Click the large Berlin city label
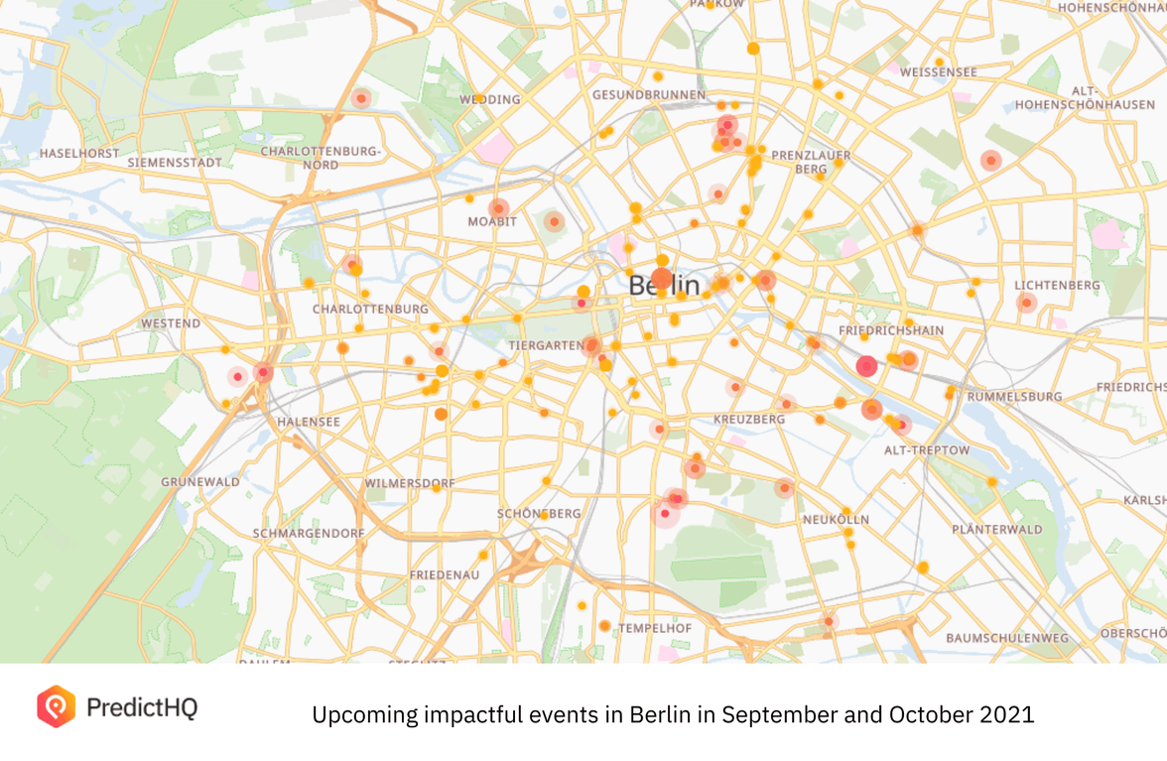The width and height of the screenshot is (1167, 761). (x=664, y=286)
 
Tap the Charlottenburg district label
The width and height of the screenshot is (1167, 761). (x=370, y=310)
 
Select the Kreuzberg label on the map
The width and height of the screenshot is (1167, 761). (x=749, y=420)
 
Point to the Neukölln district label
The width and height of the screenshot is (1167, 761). (x=836, y=520)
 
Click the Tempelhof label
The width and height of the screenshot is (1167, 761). (x=654, y=629)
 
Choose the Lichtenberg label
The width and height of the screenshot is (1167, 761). (x=1057, y=286)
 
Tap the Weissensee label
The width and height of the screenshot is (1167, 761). (x=938, y=72)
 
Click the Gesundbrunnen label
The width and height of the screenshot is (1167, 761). (x=648, y=95)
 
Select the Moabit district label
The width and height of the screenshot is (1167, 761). (x=492, y=221)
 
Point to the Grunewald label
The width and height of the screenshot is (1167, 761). (x=200, y=482)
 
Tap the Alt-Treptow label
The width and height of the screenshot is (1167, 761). (x=927, y=450)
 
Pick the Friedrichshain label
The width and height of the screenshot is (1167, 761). (x=891, y=330)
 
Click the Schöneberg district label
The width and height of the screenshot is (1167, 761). (x=539, y=514)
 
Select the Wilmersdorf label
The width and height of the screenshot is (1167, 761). (x=410, y=484)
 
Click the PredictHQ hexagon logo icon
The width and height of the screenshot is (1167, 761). (x=56, y=706)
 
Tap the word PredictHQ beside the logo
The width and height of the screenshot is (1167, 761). (x=142, y=707)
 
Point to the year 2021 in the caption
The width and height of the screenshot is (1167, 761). (x=1011, y=714)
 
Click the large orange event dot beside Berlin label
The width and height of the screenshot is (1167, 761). (x=662, y=279)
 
